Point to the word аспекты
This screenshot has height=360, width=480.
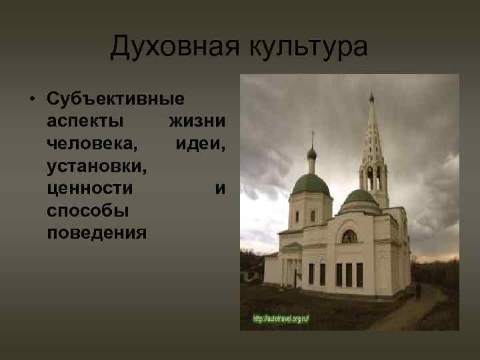pos(85,121)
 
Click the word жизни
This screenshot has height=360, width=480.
pos(197,121)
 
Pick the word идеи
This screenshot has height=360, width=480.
pos(201,144)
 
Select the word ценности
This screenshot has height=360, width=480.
pos(90,189)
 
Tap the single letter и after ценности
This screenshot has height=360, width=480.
pos(220,189)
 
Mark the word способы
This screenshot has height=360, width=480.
pos(88,211)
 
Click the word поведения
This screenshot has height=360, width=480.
pos(97,233)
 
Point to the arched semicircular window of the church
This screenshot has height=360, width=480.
pos(349,236)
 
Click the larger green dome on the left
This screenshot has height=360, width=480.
pos(311,184)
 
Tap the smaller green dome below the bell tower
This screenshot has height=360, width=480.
pos(360,197)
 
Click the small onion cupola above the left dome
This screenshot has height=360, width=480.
pos(311,153)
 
